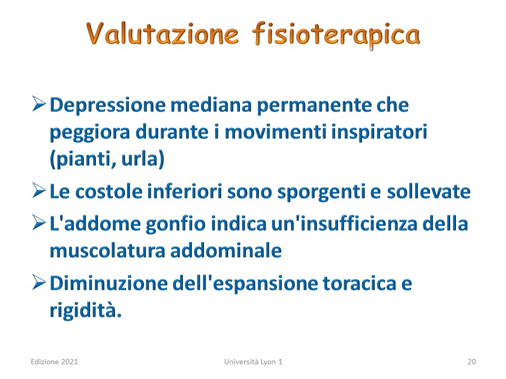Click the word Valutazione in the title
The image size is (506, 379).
tap(162, 33)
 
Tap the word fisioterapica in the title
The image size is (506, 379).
tap(336, 35)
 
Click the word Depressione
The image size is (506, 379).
tap(108, 106)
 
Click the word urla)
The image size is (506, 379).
tap(143, 159)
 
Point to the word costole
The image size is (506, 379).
tap(109, 192)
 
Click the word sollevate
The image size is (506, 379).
tap(429, 192)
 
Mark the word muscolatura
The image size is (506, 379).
tap(108, 251)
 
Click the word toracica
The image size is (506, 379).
tap(359, 284)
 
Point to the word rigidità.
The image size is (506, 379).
tap(85, 311)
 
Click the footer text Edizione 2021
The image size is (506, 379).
tap(54, 362)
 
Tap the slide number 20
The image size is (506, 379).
tap(471, 362)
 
